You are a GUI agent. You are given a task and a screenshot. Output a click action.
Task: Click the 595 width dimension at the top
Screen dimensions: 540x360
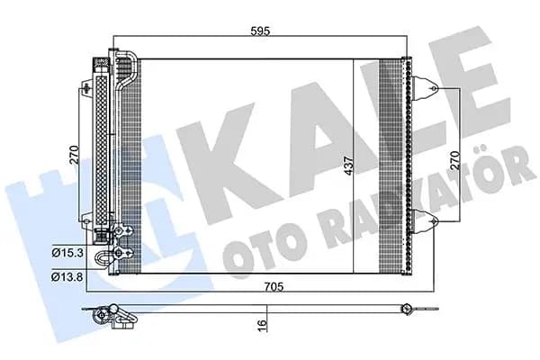pyautogui.click(x=260, y=31)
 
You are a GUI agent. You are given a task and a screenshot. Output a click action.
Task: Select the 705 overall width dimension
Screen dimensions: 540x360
pyautogui.click(x=274, y=286)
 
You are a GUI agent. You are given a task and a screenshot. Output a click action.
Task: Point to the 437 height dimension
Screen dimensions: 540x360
pyautogui.click(x=349, y=166)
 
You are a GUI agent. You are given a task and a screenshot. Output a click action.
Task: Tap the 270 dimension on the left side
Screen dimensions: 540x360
pyautogui.click(x=74, y=155)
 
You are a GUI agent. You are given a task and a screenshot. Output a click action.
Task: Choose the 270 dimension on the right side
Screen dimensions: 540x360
pyautogui.click(x=455, y=160)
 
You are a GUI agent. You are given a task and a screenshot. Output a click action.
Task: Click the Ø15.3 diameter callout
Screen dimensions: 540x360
pyautogui.click(x=67, y=253)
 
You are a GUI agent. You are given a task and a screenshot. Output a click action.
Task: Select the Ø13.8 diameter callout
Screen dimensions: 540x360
pyautogui.click(x=67, y=276)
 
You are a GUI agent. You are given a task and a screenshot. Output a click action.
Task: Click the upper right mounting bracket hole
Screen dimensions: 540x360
pyautogui.click(x=434, y=89)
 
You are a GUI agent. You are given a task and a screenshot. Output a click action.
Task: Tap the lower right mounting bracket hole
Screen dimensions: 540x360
pyautogui.click(x=434, y=220)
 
